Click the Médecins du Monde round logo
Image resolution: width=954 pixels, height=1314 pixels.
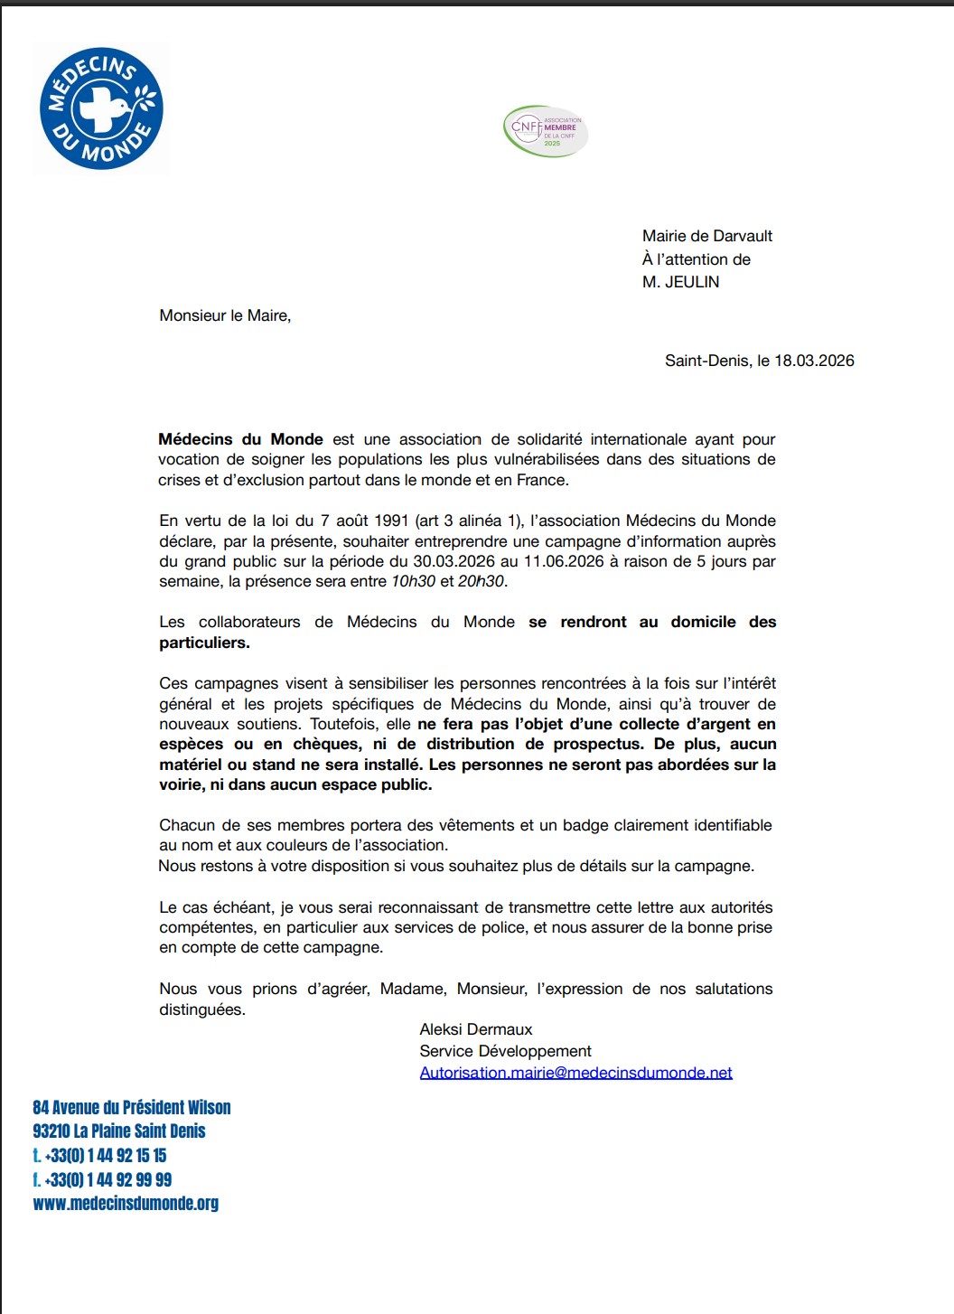(101, 108)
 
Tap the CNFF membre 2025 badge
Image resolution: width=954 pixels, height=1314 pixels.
(546, 131)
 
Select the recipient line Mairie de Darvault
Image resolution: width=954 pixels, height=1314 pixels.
(707, 236)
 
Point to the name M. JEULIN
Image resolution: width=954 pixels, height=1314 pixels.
(680, 282)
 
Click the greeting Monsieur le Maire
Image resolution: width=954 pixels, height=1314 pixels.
(225, 315)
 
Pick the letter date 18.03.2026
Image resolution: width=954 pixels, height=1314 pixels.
(814, 361)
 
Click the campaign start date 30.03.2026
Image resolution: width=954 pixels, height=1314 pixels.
(454, 561)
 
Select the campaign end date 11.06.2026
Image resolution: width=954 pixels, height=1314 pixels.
(564, 561)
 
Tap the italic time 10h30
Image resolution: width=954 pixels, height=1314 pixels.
(413, 581)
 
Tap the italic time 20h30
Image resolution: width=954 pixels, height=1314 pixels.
(481, 581)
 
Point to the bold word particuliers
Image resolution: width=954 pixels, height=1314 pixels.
(204, 643)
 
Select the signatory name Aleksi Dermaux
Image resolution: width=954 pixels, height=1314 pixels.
(476, 1029)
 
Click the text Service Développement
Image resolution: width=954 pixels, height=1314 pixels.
(505, 1051)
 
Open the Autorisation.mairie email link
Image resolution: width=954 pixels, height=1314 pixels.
(575, 1073)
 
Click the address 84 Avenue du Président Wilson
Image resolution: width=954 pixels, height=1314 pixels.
(132, 1107)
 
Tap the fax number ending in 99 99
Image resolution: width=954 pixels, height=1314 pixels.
(108, 1179)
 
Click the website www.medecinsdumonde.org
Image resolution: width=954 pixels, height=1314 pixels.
(126, 1203)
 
